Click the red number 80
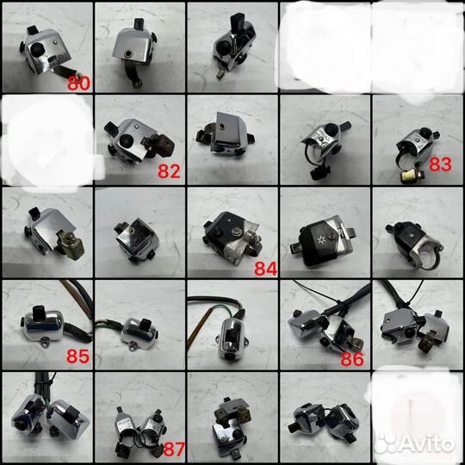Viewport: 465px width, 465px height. click(x=79, y=84)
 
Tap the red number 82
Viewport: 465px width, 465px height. click(x=169, y=171)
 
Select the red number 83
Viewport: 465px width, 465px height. click(x=441, y=164)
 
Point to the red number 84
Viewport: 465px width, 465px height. click(x=266, y=269)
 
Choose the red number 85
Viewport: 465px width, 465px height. click(x=78, y=356)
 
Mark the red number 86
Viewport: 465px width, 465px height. click(x=352, y=359)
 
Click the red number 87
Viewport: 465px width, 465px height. click(x=174, y=449)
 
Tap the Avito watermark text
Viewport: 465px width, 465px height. click(x=427, y=444)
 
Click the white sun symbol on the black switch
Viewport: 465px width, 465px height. click(x=320, y=240)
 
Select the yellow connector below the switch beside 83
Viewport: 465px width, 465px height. click(x=406, y=177)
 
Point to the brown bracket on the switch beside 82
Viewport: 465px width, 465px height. click(x=162, y=145)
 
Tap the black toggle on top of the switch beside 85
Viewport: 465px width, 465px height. click(x=39, y=311)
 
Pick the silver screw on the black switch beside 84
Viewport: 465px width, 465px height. click(x=236, y=232)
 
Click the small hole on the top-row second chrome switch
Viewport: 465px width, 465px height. click(x=128, y=53)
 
